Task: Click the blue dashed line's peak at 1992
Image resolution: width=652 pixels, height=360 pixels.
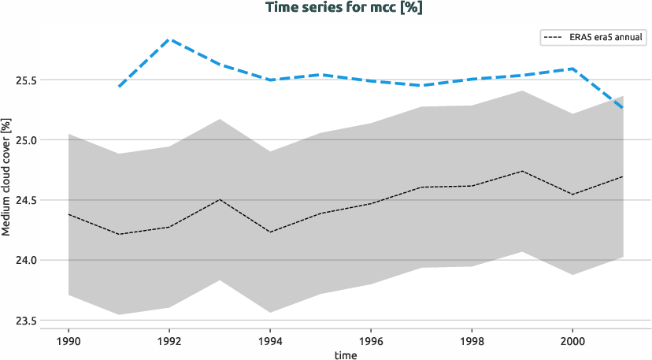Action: pyautogui.click(x=169, y=39)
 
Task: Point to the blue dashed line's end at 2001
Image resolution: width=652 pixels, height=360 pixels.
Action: pyautogui.click(x=623, y=107)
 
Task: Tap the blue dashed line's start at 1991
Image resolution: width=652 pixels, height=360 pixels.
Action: pyautogui.click(x=119, y=86)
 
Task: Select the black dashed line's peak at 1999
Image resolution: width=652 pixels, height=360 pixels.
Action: pyautogui.click(x=522, y=171)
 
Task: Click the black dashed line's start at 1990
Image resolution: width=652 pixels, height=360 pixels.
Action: pyautogui.click(x=69, y=214)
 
